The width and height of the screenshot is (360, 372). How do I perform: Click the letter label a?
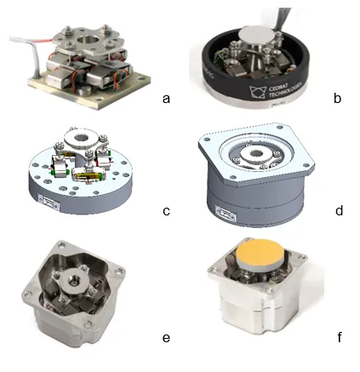[166, 98]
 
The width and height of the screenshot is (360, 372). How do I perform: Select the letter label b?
[338, 98]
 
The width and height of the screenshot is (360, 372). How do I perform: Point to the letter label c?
[166, 210]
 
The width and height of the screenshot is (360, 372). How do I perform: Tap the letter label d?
[339, 210]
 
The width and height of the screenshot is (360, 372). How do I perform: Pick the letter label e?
[166, 338]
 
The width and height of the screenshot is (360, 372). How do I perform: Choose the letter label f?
[339, 338]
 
